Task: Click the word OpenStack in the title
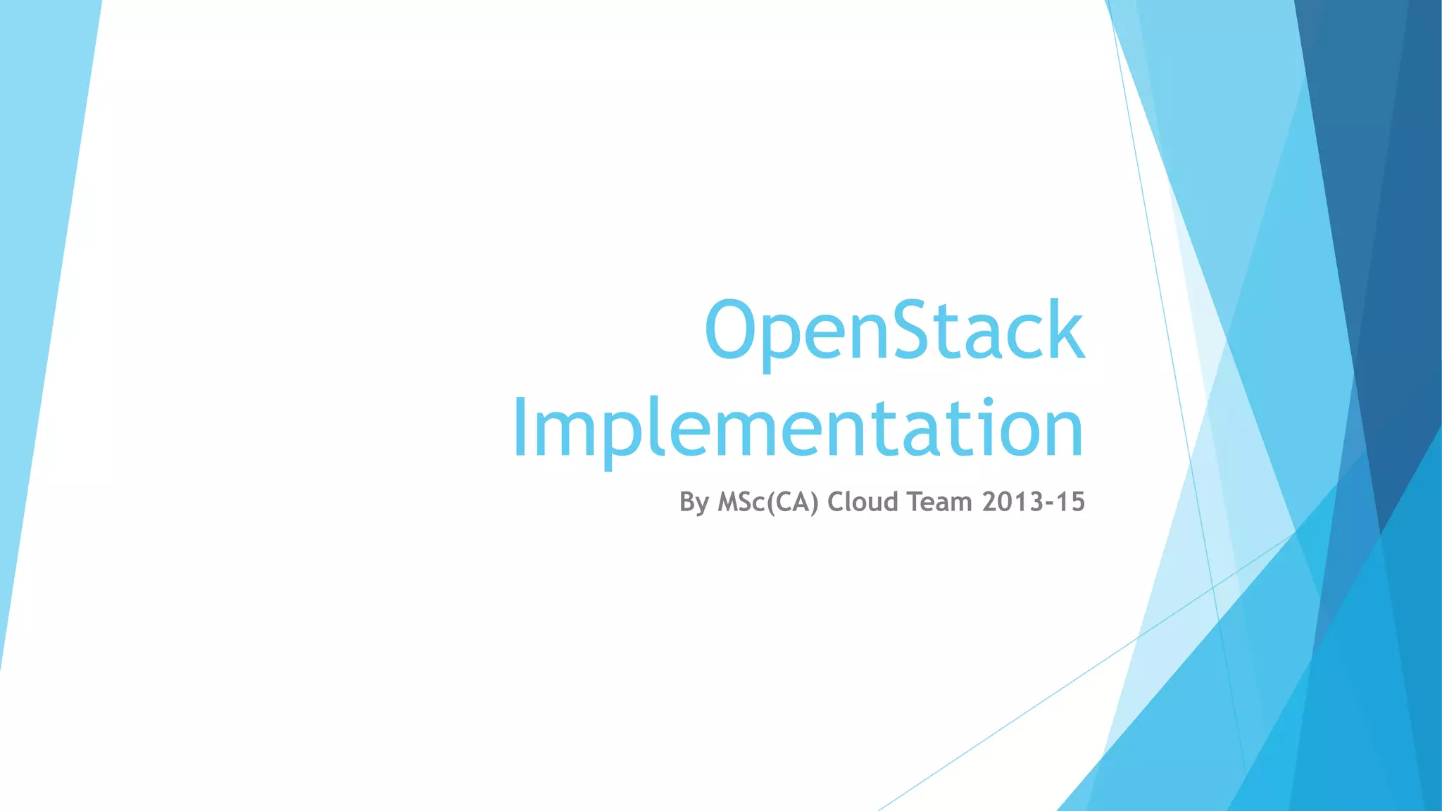[x=894, y=331]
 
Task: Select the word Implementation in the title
[x=798, y=428]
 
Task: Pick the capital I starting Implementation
[x=521, y=427]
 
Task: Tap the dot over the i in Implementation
[x=988, y=403]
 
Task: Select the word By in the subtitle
[x=694, y=503]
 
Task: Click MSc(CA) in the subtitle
[x=768, y=503]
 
